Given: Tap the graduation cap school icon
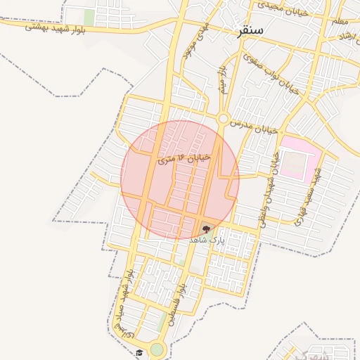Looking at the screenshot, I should [139, 353].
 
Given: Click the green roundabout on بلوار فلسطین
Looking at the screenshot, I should [157, 349].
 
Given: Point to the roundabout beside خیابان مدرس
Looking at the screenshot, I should [224, 119].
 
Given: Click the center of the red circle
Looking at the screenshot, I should [180, 179].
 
